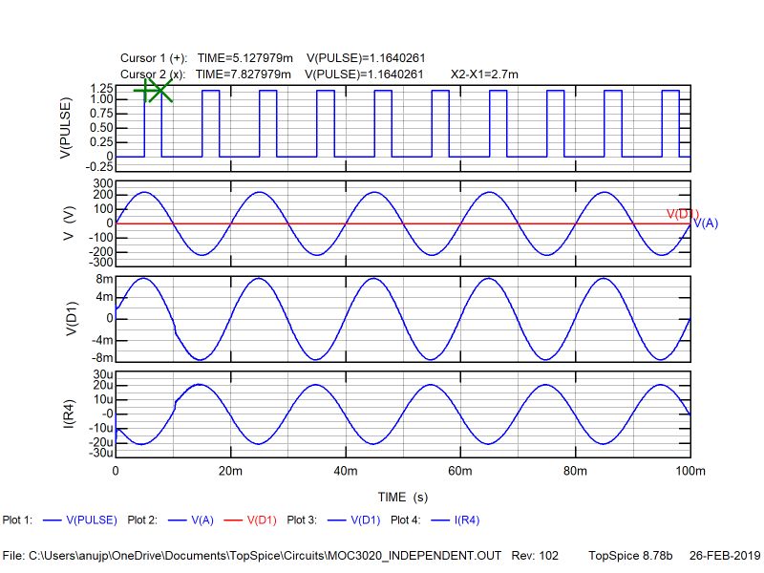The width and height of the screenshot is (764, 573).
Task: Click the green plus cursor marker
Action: point(145,91)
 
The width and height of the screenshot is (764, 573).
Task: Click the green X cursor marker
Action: point(160,91)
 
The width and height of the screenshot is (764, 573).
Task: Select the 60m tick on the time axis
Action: point(460,472)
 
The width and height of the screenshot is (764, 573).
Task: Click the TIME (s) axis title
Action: point(402,497)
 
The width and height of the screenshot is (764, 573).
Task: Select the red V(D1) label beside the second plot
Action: point(682,214)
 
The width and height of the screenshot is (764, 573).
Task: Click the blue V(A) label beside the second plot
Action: point(705,223)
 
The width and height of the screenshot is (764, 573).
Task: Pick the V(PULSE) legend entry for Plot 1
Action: point(91,520)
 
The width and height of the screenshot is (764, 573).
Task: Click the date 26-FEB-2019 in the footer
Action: point(723,555)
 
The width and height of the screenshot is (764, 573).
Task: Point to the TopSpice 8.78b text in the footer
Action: point(630,555)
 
